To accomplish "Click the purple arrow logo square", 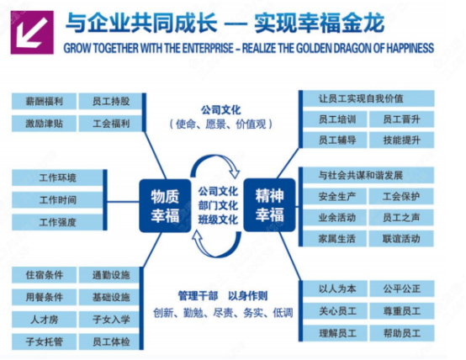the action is click(x=32, y=33).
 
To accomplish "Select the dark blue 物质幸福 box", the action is click(x=165, y=206).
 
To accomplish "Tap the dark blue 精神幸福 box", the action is click(x=269, y=205).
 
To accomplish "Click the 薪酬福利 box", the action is click(x=44, y=102).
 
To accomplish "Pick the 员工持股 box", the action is click(x=110, y=102).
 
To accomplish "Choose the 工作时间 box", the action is click(x=58, y=200).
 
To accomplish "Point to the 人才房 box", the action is click(x=44, y=320).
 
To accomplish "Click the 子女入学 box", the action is click(x=109, y=320).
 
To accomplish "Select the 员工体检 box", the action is click(x=109, y=341).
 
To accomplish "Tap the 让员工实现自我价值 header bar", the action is click(x=368, y=98).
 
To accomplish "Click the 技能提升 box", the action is click(x=401, y=140).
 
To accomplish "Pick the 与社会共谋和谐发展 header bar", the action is click(x=368, y=175).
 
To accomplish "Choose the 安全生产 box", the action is click(x=335, y=196).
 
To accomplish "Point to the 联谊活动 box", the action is click(x=401, y=238).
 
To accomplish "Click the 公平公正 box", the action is click(x=402, y=289).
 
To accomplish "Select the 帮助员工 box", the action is click(x=402, y=333).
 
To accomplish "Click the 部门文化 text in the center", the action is click(x=218, y=205).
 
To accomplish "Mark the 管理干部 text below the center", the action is click(x=198, y=296).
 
